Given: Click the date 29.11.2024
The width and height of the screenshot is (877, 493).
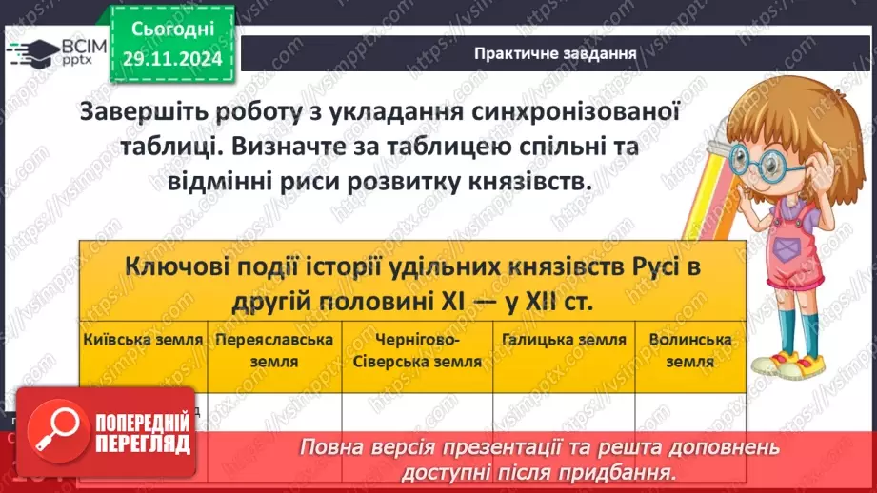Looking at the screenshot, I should click(x=171, y=58).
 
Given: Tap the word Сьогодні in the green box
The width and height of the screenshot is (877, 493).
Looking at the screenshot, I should click(x=172, y=30).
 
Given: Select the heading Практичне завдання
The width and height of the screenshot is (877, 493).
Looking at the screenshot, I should click(x=555, y=53).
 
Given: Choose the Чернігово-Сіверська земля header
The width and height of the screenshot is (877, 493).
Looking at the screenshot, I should click(x=417, y=349).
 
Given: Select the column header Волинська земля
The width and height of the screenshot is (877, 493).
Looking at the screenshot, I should click(x=689, y=349).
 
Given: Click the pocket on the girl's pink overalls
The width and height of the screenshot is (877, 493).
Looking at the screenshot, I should click(x=785, y=251).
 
